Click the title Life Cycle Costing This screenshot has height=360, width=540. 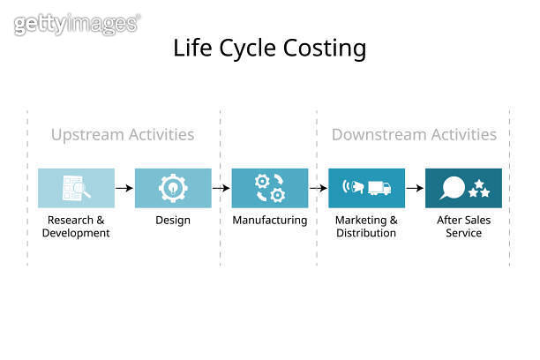pos(270,48)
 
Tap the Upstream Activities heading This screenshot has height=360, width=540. pos(123,135)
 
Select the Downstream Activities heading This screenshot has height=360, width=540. pos(414,135)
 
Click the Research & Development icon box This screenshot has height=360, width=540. pos(76,188)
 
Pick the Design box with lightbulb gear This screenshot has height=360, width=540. pos(173,188)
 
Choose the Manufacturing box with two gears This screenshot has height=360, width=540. pos(270,188)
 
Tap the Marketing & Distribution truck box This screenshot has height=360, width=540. pos(366,188)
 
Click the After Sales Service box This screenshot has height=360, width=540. pos(463,188)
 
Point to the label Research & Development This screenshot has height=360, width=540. pos(76,227)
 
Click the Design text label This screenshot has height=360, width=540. pos(173,221)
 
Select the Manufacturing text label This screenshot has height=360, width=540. pos(270,221)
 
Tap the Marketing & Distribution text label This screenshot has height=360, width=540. pos(366,227)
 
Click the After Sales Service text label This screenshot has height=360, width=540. pos(463,227)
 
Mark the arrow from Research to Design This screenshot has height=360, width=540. pos(124,188)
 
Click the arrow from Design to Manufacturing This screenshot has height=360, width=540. pos(221,188)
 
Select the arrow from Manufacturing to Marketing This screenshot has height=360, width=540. pos(319,188)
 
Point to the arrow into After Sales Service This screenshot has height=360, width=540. pos(415,188)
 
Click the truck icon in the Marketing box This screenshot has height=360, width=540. pos(378,188)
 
